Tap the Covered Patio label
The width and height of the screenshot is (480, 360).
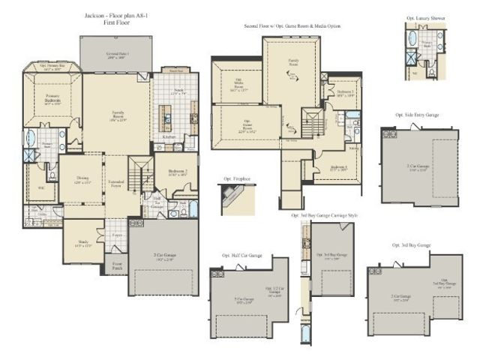tap(116, 56)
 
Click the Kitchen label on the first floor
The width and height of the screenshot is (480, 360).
tap(169, 137)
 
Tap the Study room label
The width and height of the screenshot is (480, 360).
tap(82, 244)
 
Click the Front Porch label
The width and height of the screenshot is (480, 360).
tap(118, 265)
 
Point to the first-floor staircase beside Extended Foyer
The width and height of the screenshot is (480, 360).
tap(136, 173)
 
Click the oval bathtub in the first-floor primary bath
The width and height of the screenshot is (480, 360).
tap(30, 139)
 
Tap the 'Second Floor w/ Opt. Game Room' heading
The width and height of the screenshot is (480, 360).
tap(292, 26)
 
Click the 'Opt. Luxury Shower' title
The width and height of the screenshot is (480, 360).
tap(424, 16)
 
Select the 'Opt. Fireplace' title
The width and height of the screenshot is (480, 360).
tap(237, 179)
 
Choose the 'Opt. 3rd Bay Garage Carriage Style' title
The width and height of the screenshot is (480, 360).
tap(324, 215)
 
